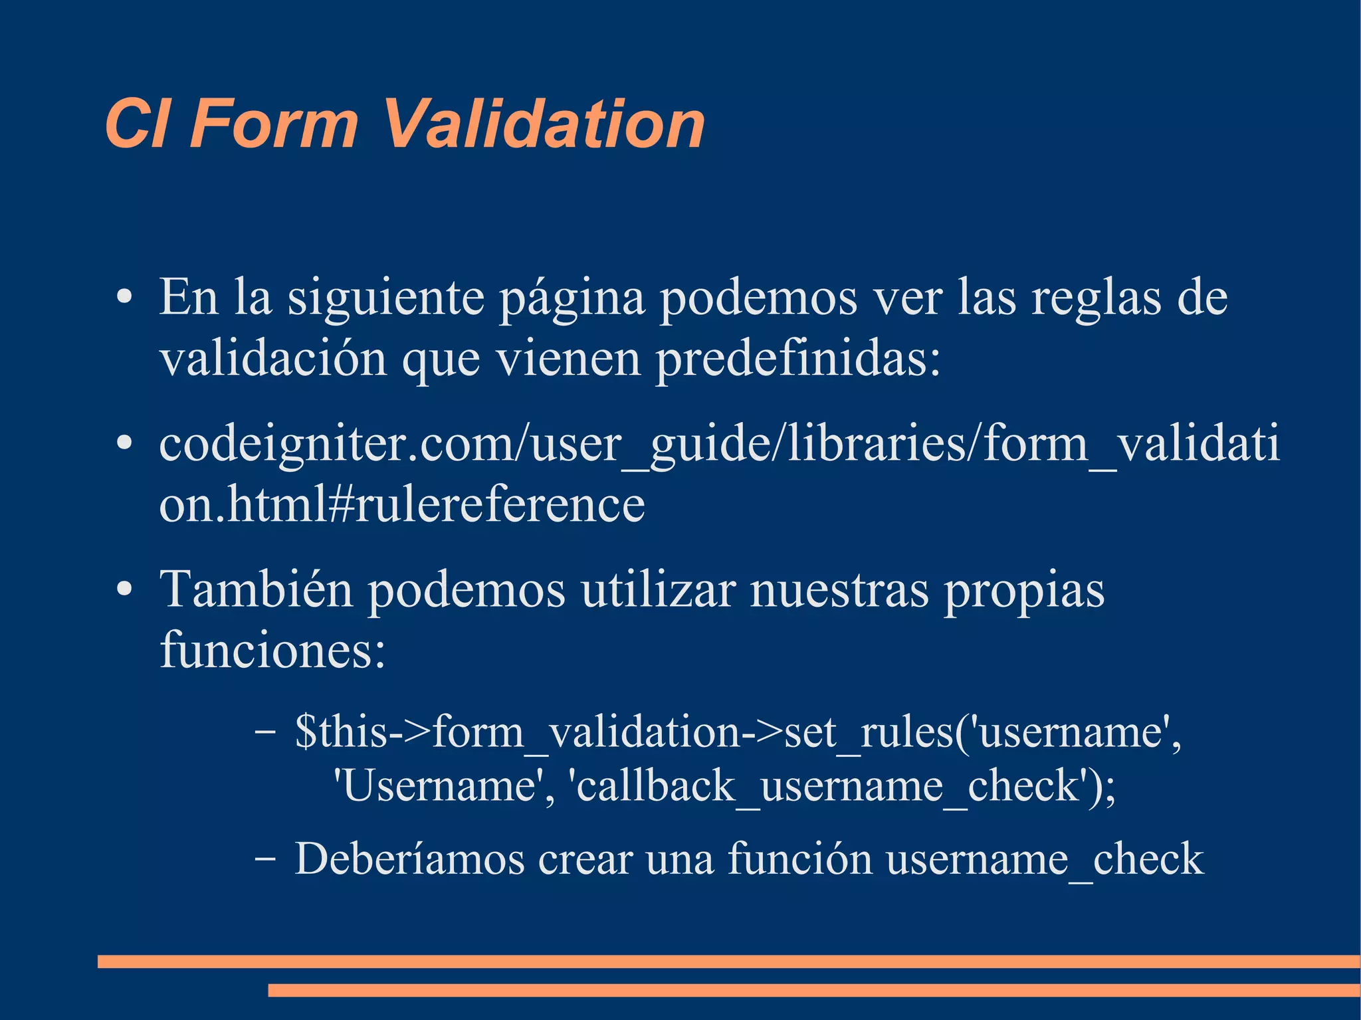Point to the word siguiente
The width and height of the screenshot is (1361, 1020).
[385, 298]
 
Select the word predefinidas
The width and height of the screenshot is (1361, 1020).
[797, 359]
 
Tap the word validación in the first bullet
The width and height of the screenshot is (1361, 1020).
[273, 358]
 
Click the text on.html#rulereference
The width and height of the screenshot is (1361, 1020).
[402, 504]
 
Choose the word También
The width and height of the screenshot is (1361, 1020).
[256, 589]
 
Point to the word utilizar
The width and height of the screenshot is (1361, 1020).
[659, 589]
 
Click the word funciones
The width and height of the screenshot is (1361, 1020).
[272, 650]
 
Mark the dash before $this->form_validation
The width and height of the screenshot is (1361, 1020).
[265, 732]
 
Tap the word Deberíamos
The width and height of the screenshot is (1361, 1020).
[409, 859]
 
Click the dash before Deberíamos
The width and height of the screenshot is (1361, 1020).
[265, 859]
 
